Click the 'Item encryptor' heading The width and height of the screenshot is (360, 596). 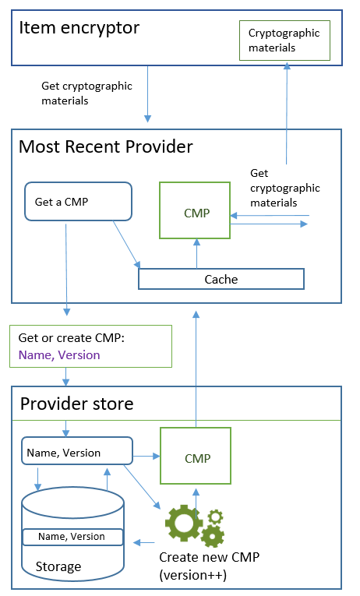[x=79, y=29]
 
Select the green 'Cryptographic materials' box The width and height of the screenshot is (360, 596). [x=284, y=41]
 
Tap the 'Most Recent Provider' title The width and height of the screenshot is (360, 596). [x=105, y=146]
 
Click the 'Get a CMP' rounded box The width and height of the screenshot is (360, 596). [x=77, y=202]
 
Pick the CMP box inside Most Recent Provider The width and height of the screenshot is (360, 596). [x=195, y=211]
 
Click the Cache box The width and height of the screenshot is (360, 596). [x=221, y=279]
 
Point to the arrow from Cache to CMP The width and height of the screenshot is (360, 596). [x=196, y=254]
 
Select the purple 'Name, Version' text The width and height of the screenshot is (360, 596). [x=59, y=354]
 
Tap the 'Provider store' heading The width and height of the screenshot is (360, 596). [x=76, y=404]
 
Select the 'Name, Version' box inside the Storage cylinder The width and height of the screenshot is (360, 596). [x=72, y=537]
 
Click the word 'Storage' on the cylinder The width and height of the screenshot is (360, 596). [x=58, y=566]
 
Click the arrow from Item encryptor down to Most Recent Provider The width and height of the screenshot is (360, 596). [x=146, y=97]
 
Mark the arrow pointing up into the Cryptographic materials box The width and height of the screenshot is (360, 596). [x=287, y=113]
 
